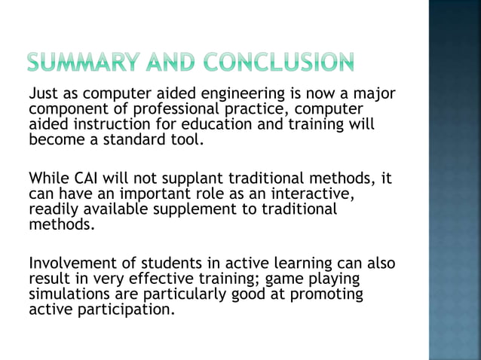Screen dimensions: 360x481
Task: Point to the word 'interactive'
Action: [312, 194]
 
